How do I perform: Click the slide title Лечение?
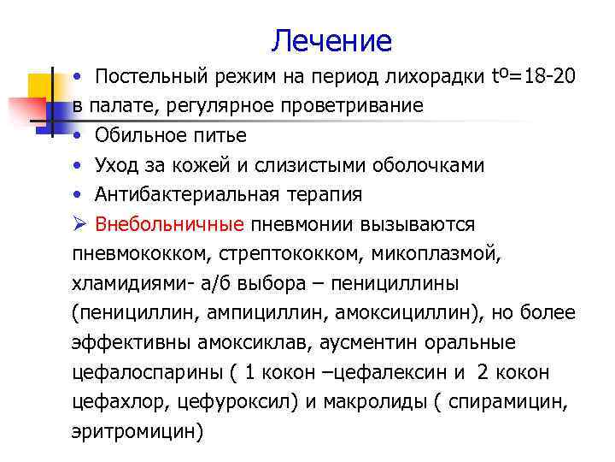pos(331,40)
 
